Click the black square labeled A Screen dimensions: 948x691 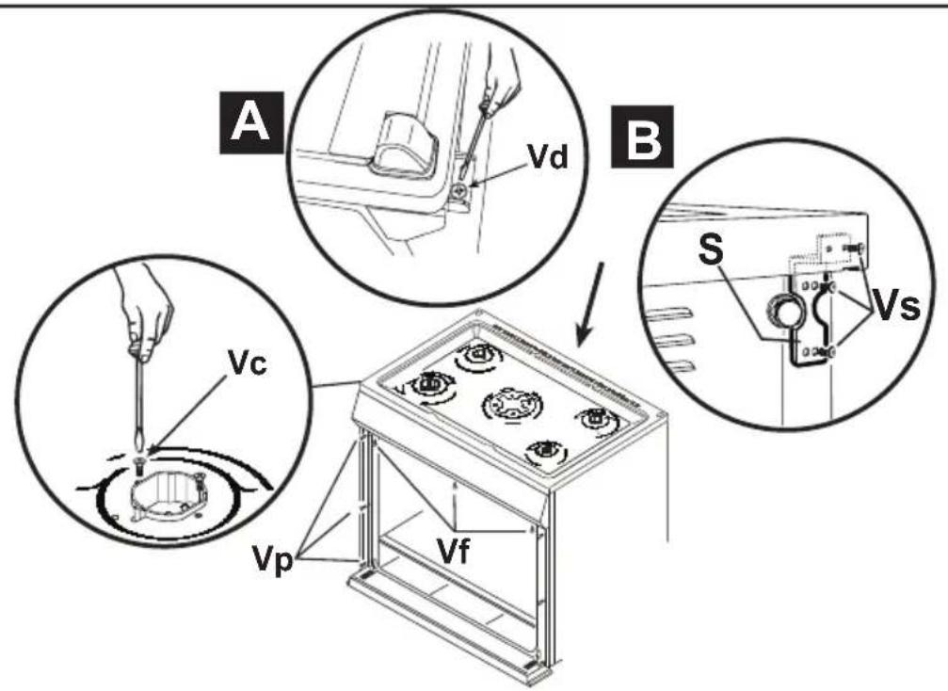[251, 122]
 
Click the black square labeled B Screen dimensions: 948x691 [643, 137]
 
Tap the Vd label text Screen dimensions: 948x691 [548, 156]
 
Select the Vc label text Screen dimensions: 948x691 [247, 362]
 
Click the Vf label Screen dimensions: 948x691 [454, 551]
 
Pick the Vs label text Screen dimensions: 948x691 [897, 307]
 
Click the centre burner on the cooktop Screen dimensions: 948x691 [511, 404]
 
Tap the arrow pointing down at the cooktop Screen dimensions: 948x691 [590, 302]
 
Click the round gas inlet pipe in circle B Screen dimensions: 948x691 [782, 313]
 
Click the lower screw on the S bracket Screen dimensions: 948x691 [831, 350]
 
